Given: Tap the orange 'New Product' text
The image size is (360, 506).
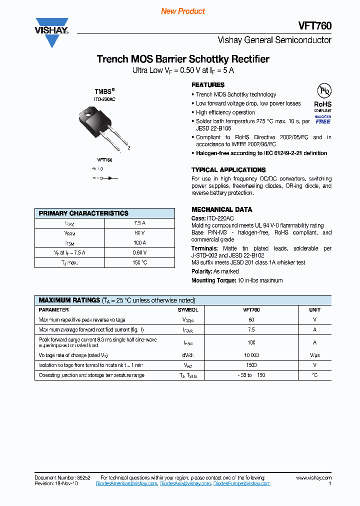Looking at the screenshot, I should pos(183,11).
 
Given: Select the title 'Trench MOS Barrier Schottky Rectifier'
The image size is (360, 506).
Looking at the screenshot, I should pos(183,59).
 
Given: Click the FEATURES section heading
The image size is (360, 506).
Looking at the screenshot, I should pos(208,85).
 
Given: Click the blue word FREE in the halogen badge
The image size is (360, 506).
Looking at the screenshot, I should pos(323,121).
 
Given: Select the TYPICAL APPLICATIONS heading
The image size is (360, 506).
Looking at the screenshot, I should pos(228,170).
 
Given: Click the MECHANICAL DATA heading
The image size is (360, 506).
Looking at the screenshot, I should pos(221,209).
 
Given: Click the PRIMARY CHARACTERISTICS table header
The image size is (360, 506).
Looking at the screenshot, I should pos(83,213).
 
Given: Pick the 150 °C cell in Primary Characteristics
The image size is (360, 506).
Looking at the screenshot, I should pos(139,262).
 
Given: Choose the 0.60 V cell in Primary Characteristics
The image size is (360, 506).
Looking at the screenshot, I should pos(139,252).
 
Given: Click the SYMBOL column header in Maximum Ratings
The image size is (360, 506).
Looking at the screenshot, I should pos(188,310).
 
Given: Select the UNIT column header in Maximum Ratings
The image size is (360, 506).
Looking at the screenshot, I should pos(314,310).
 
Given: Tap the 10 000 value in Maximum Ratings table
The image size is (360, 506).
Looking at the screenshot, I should pos(251,355).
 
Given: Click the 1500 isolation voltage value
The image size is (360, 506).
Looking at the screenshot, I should pos(251,365).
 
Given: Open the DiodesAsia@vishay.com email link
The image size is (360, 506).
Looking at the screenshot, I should pos(185,483).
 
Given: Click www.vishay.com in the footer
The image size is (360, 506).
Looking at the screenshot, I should pos(313,478).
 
